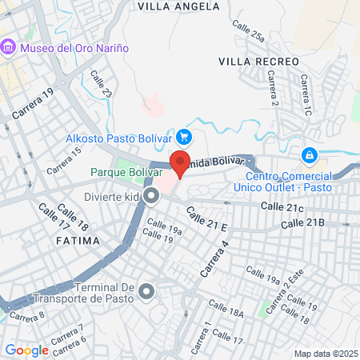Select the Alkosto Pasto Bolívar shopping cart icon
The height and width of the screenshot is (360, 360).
pyautogui.click(x=185, y=138)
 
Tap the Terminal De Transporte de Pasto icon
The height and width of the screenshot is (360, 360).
pyautogui.click(x=146, y=291)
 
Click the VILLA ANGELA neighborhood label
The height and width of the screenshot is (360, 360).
pyautogui.click(x=178, y=6)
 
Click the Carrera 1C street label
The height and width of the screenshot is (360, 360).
pyautogui.click(x=306, y=95)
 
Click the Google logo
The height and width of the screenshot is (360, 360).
pyautogui.click(x=26, y=350)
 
